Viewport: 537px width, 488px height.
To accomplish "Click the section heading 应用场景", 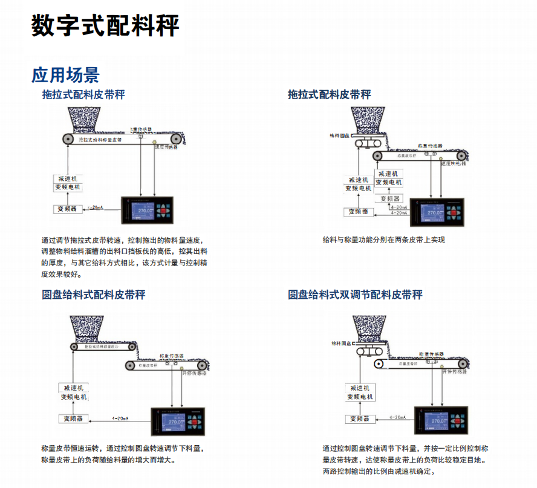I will (65, 74).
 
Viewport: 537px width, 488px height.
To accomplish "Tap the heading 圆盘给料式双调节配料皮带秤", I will (355, 294).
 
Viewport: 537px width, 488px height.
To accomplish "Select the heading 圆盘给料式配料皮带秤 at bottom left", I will (93, 294).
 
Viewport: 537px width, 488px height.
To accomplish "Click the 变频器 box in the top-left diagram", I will (67, 209).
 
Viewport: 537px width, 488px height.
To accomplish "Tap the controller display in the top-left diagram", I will (143, 211).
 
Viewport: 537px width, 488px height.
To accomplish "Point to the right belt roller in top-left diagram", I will (175, 140).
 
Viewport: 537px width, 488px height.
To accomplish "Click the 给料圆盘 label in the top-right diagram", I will (340, 136).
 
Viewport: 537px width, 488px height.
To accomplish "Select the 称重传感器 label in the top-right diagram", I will (430, 146).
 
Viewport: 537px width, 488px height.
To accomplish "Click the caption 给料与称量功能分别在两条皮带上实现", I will (383, 239).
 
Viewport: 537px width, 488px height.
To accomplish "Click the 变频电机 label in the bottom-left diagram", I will (74, 397).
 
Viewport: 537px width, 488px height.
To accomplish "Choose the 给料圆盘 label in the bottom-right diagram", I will (342, 343).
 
